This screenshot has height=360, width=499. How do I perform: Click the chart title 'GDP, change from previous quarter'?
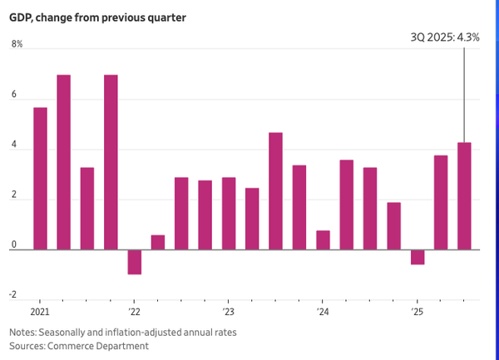98,17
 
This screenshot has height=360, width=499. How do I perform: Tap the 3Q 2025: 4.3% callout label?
445,37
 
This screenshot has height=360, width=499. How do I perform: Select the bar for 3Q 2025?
464,196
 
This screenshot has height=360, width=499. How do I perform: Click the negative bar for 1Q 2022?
134,262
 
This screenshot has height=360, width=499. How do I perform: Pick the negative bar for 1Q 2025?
417,257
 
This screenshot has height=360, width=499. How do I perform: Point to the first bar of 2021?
40,179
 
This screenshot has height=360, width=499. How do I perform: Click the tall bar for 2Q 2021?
63,162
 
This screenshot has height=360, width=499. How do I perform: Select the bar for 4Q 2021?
111,162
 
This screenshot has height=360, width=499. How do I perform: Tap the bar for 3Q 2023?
275,191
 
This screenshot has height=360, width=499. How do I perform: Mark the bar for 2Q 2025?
441,202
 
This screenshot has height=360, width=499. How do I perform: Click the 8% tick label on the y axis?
17,44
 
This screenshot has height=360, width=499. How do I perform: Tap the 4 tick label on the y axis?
14,150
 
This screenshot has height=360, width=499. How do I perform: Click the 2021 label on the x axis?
40,312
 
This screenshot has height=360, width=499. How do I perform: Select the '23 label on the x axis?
228,312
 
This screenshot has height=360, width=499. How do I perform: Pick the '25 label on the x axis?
417,312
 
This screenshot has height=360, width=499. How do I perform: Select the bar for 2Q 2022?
157,242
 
